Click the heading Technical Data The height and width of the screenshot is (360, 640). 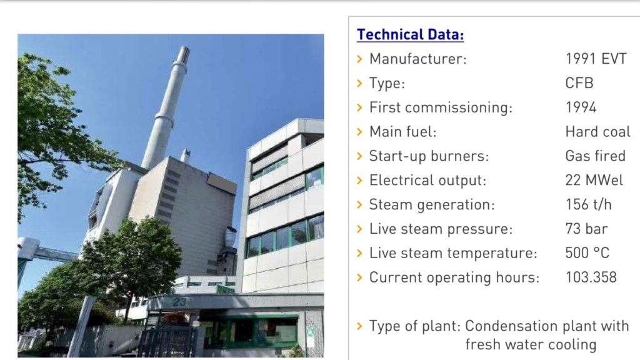[410, 35]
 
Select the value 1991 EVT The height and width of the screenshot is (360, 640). [596, 59]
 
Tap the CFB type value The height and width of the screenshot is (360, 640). [579, 83]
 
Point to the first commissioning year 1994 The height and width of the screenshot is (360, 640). [581, 107]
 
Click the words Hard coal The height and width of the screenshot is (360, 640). [598, 131]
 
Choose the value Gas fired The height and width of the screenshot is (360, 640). [596, 156]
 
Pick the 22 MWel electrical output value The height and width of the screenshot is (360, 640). [594, 180]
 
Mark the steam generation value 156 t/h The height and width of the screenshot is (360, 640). [589, 204]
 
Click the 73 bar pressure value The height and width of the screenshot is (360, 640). [586, 229]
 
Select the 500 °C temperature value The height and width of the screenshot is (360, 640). [587, 252]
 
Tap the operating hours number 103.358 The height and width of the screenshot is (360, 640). [591, 277]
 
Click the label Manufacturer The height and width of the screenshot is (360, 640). [418, 59]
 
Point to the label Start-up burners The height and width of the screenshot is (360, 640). [429, 156]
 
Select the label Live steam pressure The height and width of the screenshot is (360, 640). [441, 229]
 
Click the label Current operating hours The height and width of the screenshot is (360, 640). [454, 277]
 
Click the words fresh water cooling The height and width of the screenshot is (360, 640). [531, 344]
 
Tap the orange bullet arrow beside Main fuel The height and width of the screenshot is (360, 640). [359, 132]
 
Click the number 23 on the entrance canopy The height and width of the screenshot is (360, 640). [179, 302]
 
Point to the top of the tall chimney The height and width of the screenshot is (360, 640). [184, 48]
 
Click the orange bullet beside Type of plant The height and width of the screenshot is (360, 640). [359, 326]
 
